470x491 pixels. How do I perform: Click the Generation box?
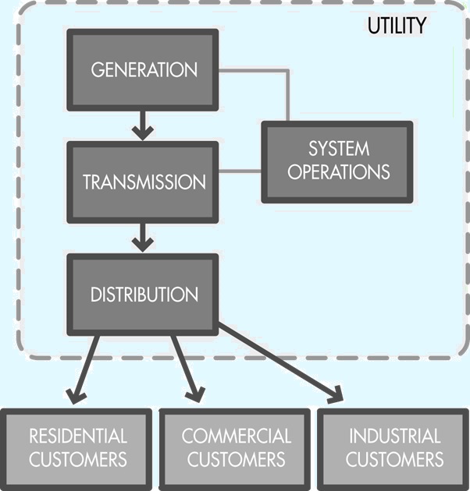click(143, 70)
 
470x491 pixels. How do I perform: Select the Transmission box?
click(143, 182)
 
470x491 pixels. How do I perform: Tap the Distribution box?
click(143, 295)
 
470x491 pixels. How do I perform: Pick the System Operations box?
click(337, 161)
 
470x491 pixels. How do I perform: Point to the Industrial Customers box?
click(393, 447)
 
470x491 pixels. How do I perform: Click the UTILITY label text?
click(397, 25)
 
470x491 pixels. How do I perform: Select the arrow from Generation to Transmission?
click(143, 125)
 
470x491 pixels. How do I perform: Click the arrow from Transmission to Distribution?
click(143, 236)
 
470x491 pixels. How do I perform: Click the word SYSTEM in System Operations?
click(338, 149)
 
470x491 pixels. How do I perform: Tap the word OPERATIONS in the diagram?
click(338, 172)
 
